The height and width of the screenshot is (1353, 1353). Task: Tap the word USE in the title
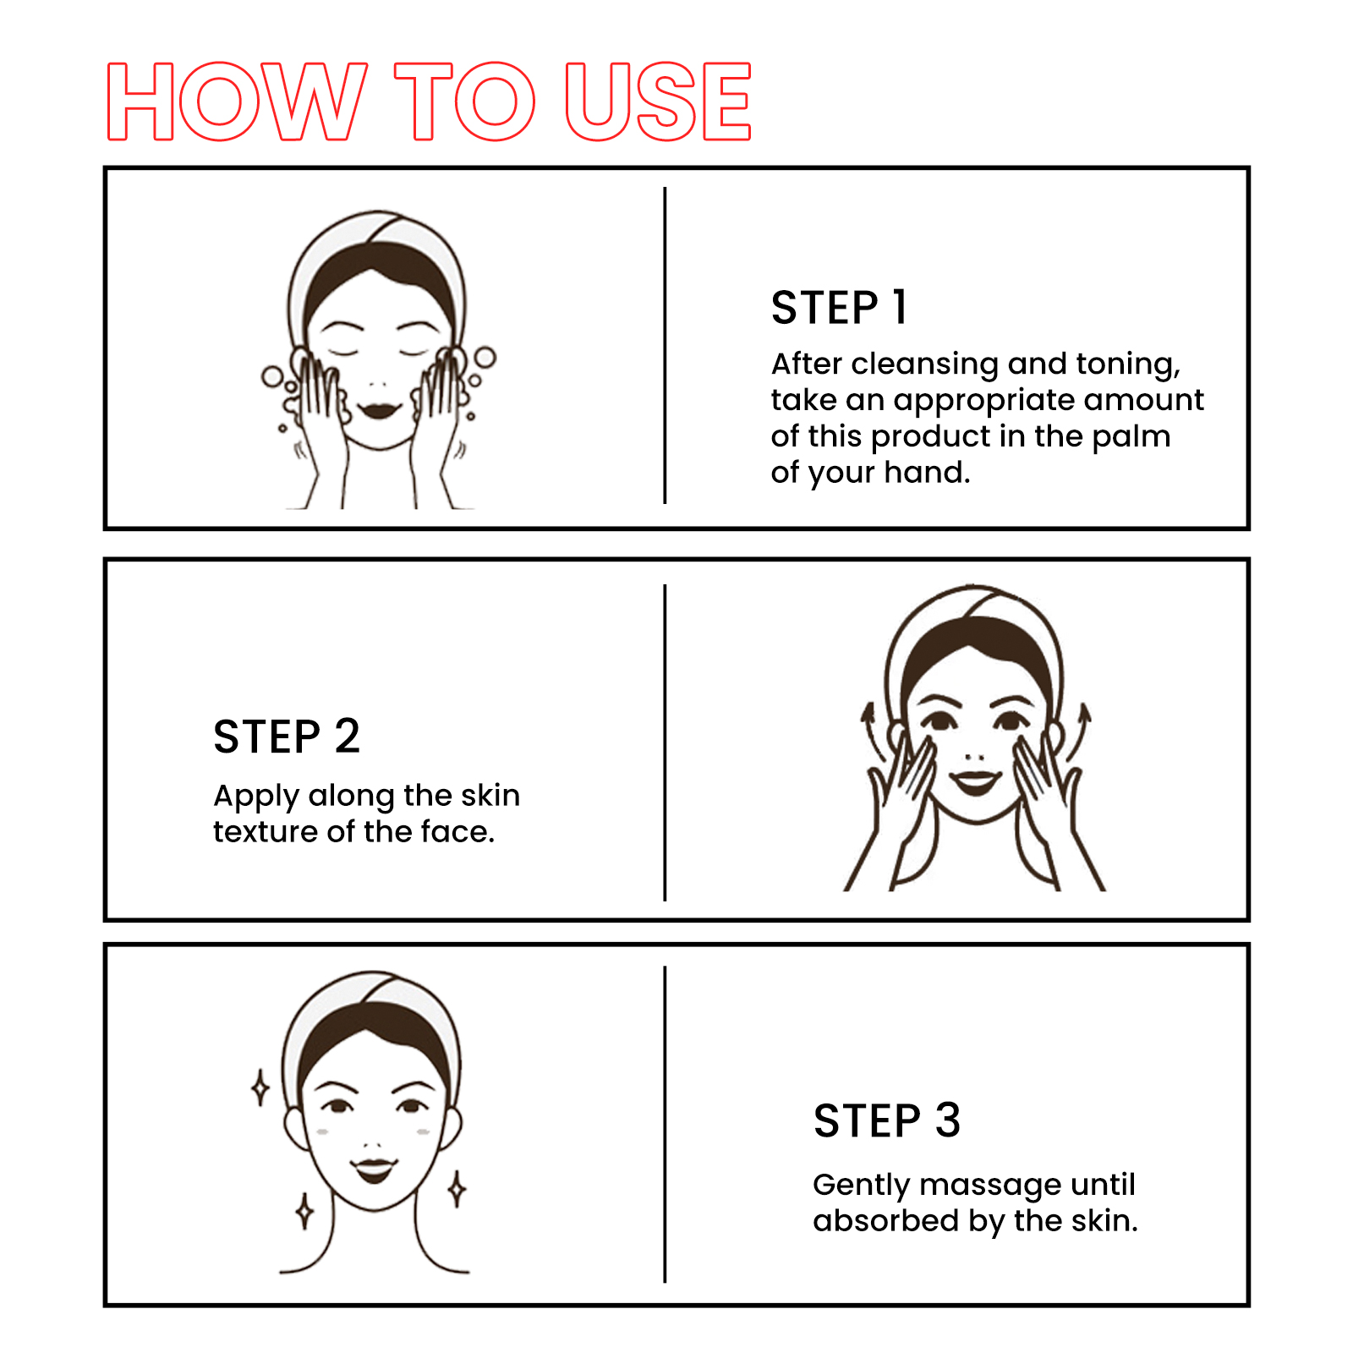tap(658, 101)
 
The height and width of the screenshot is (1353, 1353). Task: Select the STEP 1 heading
tap(839, 307)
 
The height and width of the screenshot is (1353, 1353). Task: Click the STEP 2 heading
tap(287, 736)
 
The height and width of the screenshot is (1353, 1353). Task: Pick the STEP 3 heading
tap(887, 1120)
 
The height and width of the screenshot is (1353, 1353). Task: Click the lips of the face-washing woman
tap(379, 410)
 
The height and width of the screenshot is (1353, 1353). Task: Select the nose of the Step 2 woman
tap(975, 756)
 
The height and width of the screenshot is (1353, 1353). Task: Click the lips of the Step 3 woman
tap(374, 1169)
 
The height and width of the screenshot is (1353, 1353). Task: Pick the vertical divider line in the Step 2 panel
tap(666, 742)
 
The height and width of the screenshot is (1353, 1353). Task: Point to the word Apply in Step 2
tap(256, 797)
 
